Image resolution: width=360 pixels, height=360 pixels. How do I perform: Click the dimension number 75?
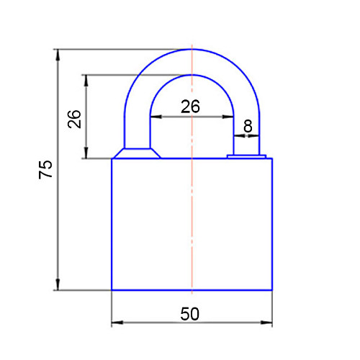click(x=45, y=169)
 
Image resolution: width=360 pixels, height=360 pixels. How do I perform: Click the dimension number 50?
click(x=189, y=314)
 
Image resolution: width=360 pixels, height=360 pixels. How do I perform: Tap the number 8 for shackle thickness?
click(x=248, y=126)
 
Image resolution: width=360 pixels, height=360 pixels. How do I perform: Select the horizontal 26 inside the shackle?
click(x=190, y=107)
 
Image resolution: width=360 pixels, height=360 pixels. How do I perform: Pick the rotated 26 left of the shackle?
click(x=74, y=119)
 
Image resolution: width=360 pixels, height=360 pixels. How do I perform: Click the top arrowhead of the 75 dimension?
click(x=58, y=55)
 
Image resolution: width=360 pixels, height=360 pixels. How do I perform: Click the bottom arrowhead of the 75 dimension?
click(x=58, y=284)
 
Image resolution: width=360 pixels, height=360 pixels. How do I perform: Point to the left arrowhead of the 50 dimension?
click(x=117, y=323)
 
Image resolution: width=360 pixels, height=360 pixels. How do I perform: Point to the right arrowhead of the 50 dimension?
click(x=266, y=323)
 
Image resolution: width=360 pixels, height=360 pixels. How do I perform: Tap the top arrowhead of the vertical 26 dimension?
click(x=86, y=81)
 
